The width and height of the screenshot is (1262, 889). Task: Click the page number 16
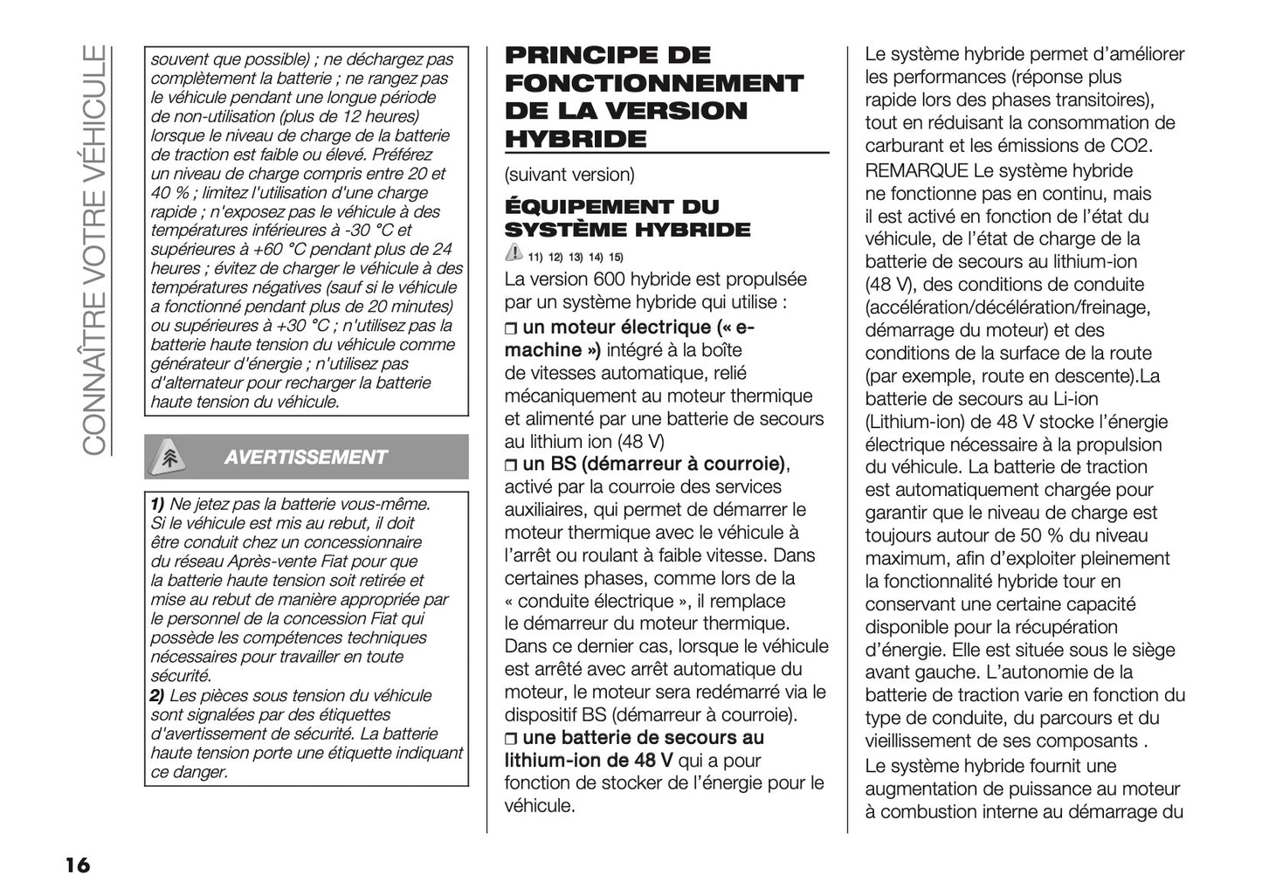tap(76, 865)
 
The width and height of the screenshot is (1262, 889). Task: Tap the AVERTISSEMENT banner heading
tap(305, 458)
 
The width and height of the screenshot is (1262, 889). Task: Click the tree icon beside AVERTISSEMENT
tap(169, 458)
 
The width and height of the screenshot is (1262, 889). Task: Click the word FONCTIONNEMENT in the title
tap(654, 84)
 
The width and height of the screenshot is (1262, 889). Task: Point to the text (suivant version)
tap(569, 175)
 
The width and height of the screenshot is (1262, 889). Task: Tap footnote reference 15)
tap(616, 257)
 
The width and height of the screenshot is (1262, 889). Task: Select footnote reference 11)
tap(535, 257)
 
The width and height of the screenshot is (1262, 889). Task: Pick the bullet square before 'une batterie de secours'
tap(511, 739)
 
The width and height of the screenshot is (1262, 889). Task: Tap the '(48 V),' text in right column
tap(890, 285)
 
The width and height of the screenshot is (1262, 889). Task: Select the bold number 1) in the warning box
tap(157, 504)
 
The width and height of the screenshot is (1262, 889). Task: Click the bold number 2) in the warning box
tap(157, 696)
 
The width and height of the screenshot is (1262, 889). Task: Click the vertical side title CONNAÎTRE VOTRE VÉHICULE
tap(94, 249)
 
